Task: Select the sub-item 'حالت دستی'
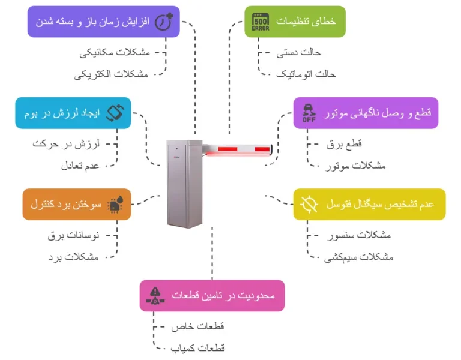(293, 53)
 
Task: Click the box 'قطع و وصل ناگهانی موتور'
(366, 113)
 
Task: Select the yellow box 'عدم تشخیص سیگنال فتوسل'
(369, 204)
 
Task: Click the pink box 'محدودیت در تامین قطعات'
(212, 295)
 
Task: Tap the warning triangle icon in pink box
(155, 295)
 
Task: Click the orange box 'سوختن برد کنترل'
(76, 204)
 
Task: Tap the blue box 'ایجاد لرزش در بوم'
(73, 113)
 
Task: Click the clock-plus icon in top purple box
(164, 22)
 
